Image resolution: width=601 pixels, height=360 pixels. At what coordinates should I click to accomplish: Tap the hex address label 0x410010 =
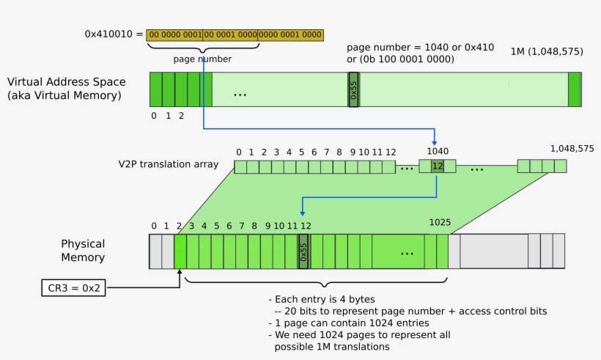(114, 34)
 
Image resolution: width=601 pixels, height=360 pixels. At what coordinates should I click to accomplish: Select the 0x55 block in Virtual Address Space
(353, 89)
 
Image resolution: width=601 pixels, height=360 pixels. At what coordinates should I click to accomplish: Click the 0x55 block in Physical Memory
(304, 251)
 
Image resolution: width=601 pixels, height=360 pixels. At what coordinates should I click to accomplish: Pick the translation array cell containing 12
(437, 166)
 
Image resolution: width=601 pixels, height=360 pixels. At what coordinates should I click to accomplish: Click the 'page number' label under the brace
(202, 59)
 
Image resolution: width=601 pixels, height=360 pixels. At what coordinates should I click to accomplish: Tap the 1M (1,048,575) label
(546, 52)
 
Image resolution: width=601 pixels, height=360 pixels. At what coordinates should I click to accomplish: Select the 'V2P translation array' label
(168, 164)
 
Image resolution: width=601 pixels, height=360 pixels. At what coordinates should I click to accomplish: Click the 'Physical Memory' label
(83, 250)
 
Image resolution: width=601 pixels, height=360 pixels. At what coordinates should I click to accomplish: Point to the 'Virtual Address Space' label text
(66, 82)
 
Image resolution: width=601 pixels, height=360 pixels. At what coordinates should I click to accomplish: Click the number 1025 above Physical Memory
(440, 221)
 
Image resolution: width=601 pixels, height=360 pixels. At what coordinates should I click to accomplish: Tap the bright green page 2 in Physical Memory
(180, 251)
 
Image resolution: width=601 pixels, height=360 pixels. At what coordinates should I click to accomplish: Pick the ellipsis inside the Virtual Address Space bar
(240, 94)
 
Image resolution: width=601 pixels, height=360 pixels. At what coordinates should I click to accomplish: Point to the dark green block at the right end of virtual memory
(574, 89)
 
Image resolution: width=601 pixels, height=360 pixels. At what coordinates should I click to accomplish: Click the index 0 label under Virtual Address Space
(154, 115)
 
